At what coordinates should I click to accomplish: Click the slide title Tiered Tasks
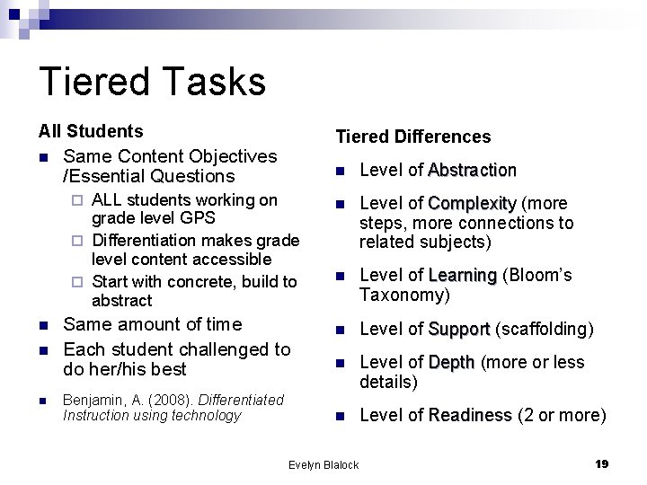152,81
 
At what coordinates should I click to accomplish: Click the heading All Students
90,132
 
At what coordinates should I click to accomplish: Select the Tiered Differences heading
412,137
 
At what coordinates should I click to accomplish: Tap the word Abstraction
472,170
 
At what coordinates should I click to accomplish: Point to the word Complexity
472,203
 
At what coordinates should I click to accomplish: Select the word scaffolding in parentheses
544,330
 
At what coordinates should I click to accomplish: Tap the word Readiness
470,415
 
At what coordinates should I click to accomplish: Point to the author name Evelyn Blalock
323,464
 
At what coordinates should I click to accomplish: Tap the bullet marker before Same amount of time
43,325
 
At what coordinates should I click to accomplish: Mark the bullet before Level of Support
340,331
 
